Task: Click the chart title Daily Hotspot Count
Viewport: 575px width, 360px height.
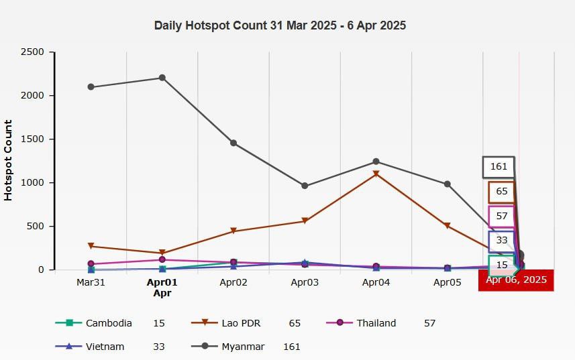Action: coord(280,25)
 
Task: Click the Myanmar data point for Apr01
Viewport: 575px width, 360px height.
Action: coord(162,78)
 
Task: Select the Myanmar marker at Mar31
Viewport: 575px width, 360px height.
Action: coord(91,87)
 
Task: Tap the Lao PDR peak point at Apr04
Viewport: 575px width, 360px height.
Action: coord(376,174)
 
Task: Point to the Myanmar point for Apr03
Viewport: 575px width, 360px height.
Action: coord(305,186)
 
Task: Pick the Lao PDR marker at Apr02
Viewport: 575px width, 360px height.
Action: coord(233,231)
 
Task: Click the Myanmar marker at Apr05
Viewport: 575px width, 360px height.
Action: coord(447,184)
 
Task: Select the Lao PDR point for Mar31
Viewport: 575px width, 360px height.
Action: coord(91,246)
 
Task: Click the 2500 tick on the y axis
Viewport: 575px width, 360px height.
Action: coord(33,52)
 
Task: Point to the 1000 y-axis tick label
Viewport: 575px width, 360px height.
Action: coord(33,182)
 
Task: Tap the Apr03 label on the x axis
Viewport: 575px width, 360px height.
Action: coord(305,283)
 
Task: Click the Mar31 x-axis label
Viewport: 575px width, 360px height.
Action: coord(91,283)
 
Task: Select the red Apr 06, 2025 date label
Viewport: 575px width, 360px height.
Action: coord(515,280)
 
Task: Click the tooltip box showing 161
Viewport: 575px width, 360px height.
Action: coord(499,167)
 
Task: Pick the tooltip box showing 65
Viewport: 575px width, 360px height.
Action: coord(502,192)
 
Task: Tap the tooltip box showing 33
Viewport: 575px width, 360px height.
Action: coord(502,240)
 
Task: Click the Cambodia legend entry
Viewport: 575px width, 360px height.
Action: coord(109,323)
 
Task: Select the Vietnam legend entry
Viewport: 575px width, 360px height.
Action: coord(105,347)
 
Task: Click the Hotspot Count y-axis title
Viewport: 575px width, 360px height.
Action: coord(9,161)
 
